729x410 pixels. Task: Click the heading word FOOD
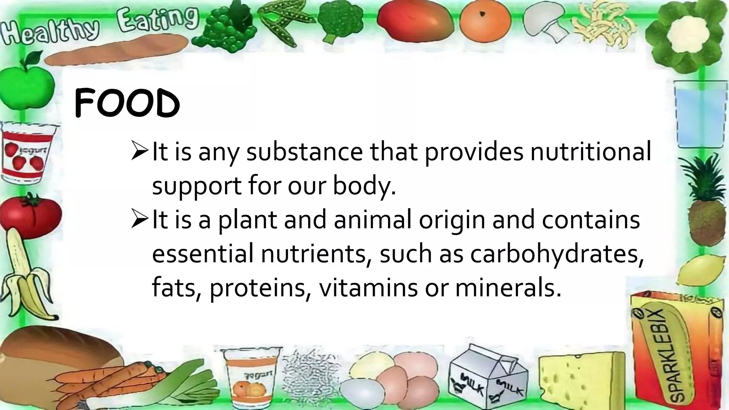pos(127,104)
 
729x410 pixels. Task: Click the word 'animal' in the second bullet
pos(372,220)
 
